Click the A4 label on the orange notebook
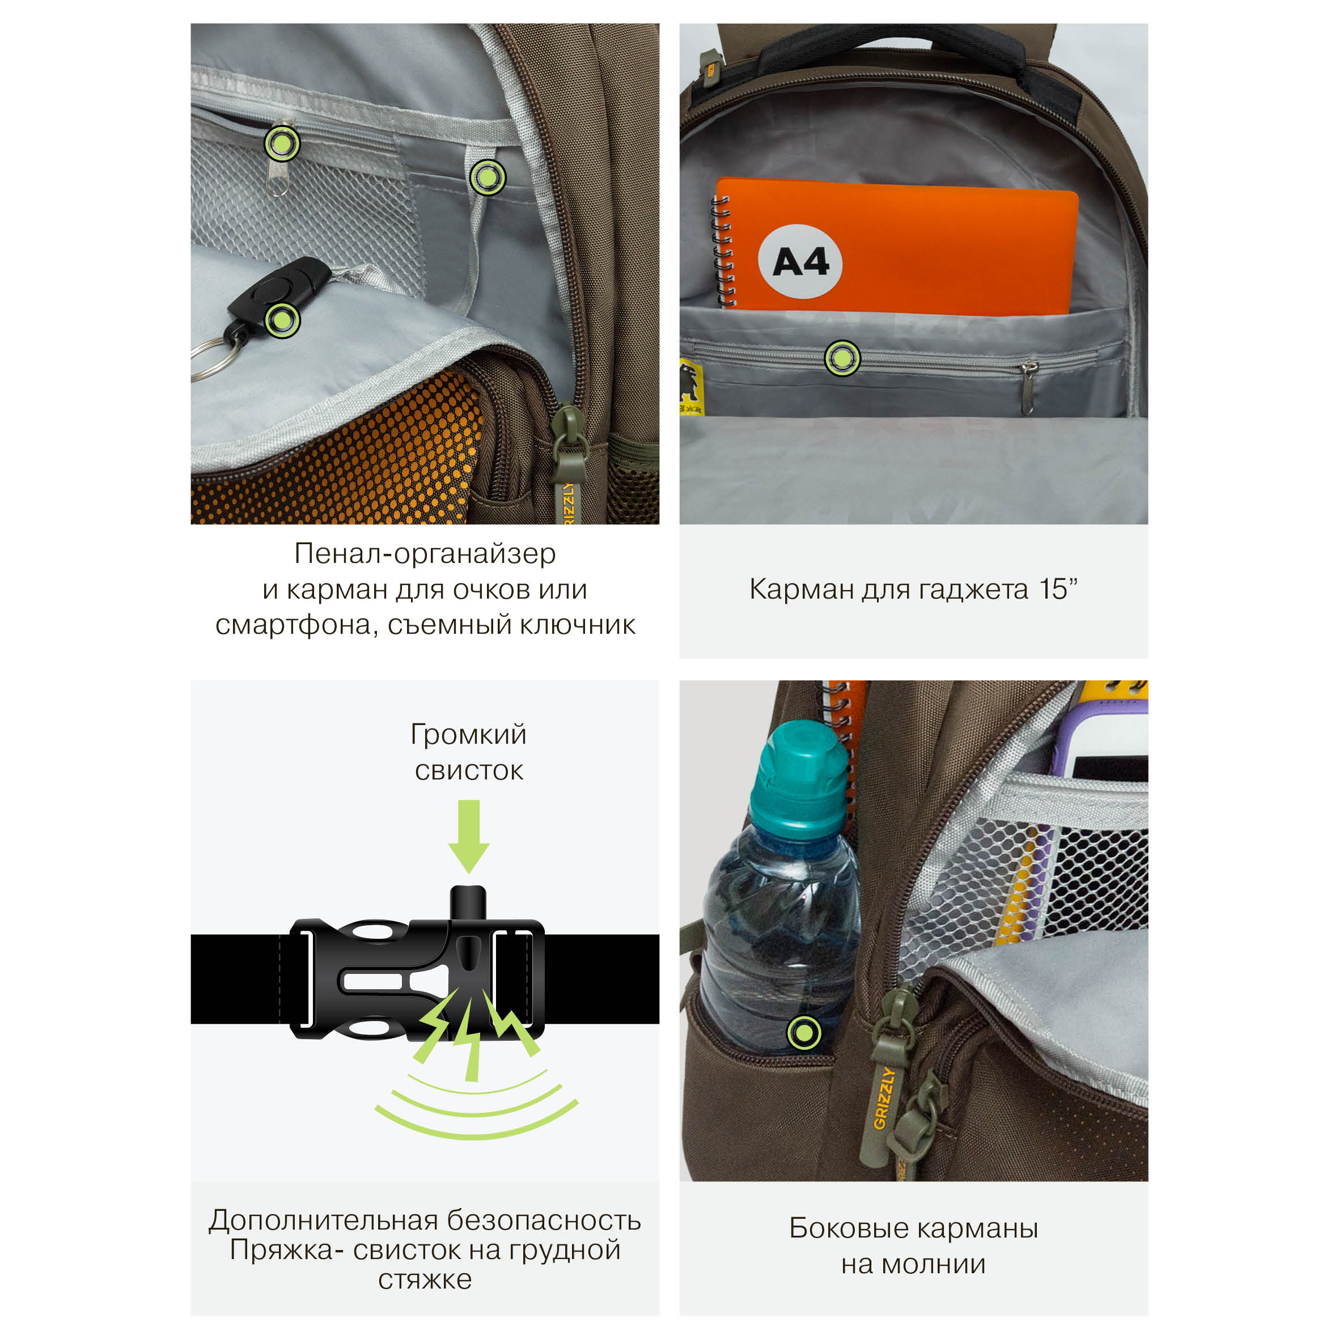pos(800,261)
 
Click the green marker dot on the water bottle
pos(804,1033)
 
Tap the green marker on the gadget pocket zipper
pos(842,359)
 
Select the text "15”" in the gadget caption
pos(1058,589)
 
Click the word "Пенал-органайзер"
pos(425,553)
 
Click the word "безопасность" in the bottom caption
pos(544,1221)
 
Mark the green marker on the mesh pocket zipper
pos(282,144)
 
